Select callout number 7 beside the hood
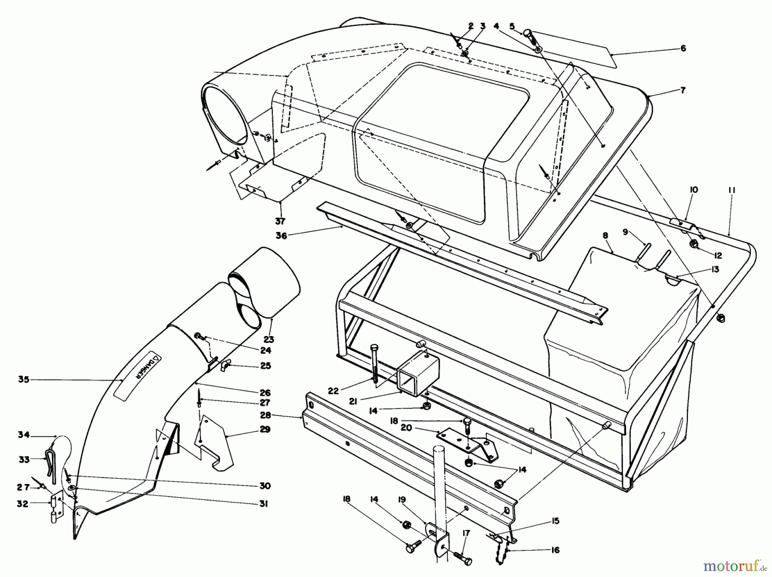683,90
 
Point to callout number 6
683,48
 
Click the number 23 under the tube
268,340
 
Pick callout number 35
24,379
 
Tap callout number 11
732,190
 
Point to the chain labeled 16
502,558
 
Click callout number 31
263,504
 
